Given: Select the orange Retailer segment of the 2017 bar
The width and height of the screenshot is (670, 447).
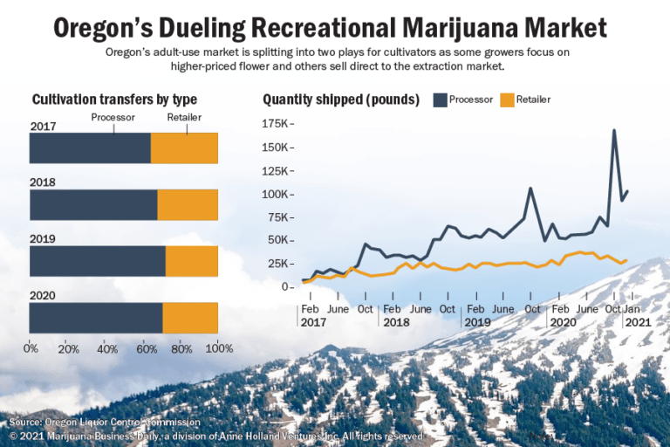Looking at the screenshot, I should (184, 148).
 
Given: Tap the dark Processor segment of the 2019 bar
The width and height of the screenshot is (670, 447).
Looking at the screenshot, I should (98, 261).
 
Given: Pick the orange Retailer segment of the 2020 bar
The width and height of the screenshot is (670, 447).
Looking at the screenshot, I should (190, 318).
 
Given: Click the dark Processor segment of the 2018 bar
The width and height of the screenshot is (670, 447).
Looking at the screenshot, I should (93, 205).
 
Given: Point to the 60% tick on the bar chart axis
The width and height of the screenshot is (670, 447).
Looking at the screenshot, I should (143, 349).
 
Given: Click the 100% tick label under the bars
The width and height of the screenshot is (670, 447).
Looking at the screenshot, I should (217, 349).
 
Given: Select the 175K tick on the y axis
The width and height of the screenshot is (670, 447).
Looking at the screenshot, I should (277, 124).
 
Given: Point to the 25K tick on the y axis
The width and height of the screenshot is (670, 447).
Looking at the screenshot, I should (279, 263).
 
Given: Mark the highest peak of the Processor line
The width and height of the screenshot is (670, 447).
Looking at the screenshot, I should (614, 130).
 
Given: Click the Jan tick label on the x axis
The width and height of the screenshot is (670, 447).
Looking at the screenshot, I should (632, 309).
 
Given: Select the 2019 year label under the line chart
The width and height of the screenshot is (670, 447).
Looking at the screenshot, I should (477, 322).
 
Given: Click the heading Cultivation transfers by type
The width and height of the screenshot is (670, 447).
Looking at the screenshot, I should (114, 100).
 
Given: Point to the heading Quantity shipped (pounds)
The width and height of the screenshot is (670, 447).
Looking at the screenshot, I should (341, 100).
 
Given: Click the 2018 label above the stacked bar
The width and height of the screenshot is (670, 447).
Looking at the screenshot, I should (43, 182).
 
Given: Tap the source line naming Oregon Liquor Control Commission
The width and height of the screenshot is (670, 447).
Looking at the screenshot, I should (105, 423).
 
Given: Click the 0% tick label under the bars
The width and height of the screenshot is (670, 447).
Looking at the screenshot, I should (31, 349).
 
